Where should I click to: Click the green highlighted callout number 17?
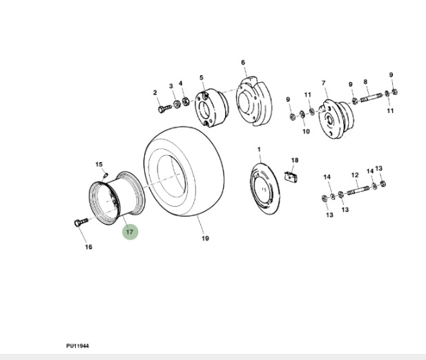(130, 232)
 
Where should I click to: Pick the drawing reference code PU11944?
(78, 345)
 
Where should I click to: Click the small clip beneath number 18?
(292, 176)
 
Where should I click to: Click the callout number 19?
(205, 239)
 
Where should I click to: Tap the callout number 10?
(306, 131)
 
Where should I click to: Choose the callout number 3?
(171, 86)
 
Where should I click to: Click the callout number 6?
(243, 63)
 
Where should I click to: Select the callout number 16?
(88, 248)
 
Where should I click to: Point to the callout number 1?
(259, 150)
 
